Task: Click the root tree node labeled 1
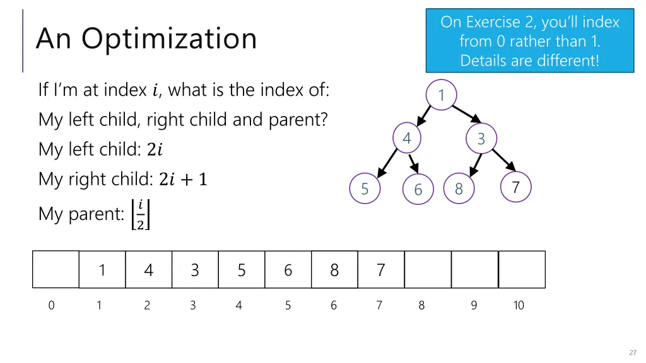[442, 95]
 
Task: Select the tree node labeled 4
[407, 138]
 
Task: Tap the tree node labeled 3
[481, 139]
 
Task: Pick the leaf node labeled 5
[365, 188]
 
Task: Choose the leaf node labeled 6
[418, 190]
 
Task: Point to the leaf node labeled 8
[459, 189]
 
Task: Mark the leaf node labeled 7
[515, 187]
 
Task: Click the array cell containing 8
[334, 270]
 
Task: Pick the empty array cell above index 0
[56, 270]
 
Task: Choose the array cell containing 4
[148, 270]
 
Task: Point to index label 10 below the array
[518, 306]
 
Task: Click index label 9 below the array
[474, 306]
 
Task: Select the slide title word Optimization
[168, 38]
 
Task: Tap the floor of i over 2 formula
[140, 214]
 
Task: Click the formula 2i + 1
[183, 180]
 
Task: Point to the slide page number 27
[632, 352]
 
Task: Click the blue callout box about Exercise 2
[530, 40]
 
